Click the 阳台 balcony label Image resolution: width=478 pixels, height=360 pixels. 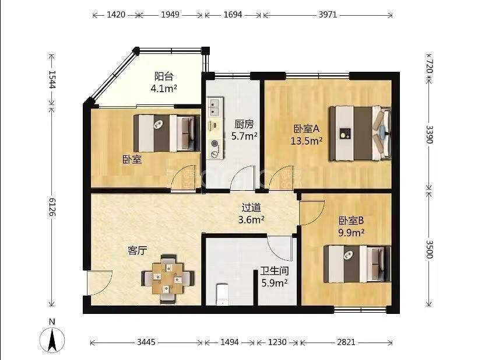(164, 76)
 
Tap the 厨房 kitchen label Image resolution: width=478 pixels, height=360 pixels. (244, 124)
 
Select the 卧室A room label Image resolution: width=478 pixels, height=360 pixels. (307, 129)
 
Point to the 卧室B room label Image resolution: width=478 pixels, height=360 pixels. (351, 221)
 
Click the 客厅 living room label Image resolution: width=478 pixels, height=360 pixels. (137, 251)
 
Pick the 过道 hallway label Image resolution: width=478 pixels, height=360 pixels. (251, 208)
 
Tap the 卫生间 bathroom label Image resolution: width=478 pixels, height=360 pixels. (274, 271)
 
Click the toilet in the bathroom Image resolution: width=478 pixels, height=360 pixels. (222, 295)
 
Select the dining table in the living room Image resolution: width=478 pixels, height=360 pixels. (167, 278)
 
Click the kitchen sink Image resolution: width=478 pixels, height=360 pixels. (215, 107)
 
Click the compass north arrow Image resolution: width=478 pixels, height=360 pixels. (52, 340)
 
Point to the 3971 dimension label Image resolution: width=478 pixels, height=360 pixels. (328, 15)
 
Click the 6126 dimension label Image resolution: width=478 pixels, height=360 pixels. (52, 207)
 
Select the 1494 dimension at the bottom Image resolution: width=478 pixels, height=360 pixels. (230, 342)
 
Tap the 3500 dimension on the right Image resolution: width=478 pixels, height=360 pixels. (429, 249)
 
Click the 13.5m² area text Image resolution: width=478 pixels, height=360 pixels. (307, 141)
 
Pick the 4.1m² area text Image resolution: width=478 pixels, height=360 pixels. (164, 89)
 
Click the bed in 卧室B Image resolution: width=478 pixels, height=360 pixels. (357, 264)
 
